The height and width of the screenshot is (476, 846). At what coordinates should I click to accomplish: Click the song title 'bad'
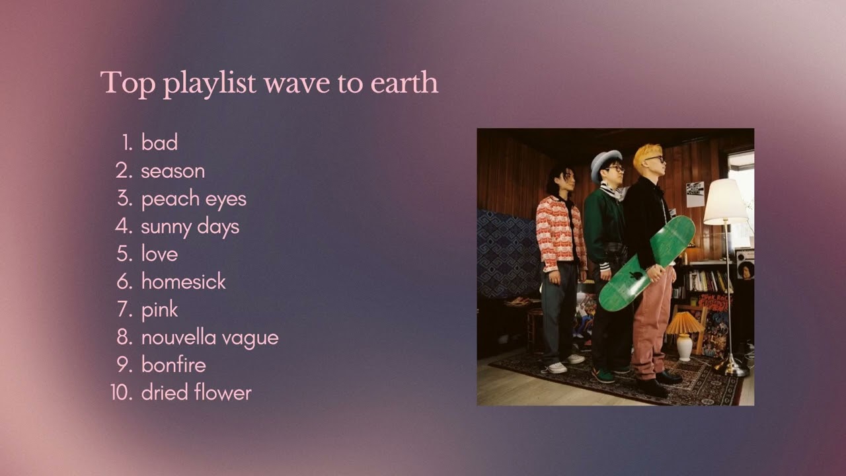[159, 143]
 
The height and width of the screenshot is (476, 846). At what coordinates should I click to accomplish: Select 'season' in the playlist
[173, 171]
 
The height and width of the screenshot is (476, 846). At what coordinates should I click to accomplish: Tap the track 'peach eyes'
[194, 198]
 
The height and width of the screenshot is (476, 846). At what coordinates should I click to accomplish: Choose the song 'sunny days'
[190, 226]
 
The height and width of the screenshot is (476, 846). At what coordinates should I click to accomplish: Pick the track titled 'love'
[159, 254]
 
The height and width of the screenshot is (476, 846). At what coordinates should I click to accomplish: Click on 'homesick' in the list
[183, 282]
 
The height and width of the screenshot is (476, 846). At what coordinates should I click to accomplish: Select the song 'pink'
[159, 309]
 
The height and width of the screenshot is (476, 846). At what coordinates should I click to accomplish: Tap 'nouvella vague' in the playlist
[210, 337]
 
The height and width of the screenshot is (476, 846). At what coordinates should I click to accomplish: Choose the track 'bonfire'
[173, 365]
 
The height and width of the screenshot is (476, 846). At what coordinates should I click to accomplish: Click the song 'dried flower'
[196, 393]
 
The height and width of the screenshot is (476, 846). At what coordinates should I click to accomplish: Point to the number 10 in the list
[122, 393]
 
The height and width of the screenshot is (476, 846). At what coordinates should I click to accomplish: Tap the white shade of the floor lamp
[725, 202]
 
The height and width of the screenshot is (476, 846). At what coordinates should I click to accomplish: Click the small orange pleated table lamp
[684, 323]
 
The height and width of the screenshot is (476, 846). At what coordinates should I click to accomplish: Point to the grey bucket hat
[605, 163]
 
